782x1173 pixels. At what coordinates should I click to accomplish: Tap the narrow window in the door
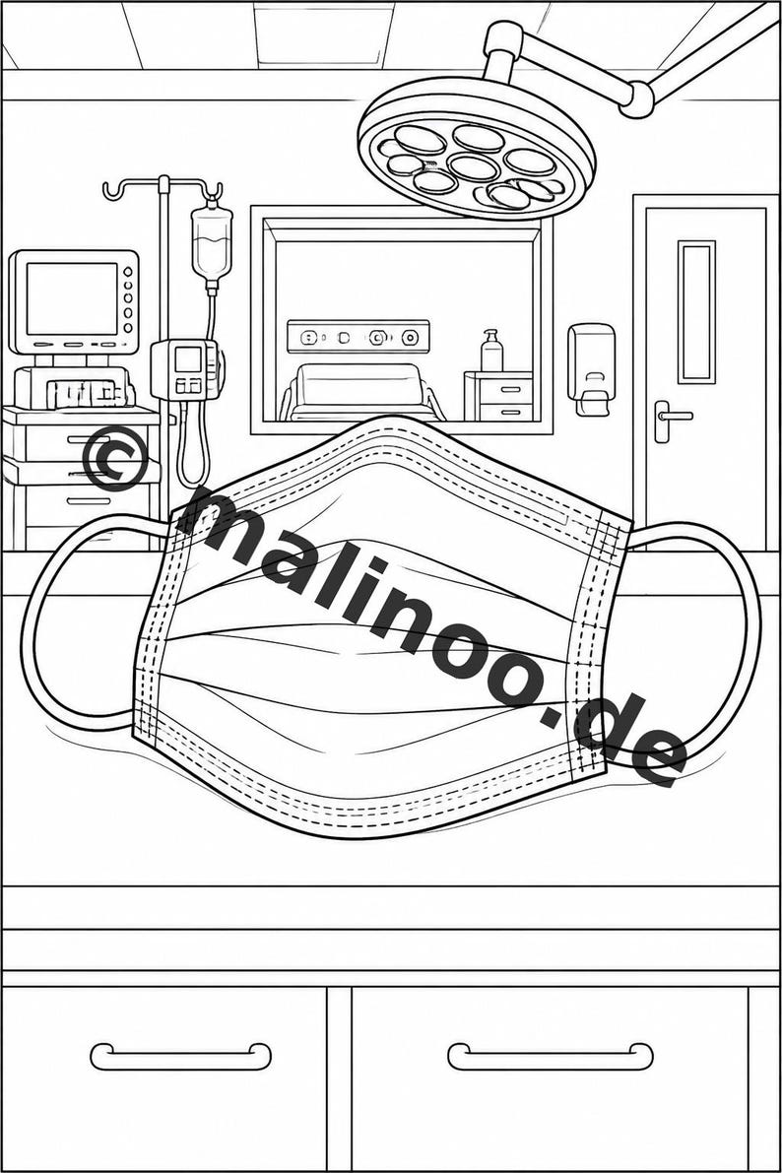click(696, 311)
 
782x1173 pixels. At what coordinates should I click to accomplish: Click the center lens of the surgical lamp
click(474, 166)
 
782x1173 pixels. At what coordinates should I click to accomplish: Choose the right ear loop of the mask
click(692, 642)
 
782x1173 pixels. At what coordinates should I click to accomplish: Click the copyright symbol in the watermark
click(114, 458)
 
